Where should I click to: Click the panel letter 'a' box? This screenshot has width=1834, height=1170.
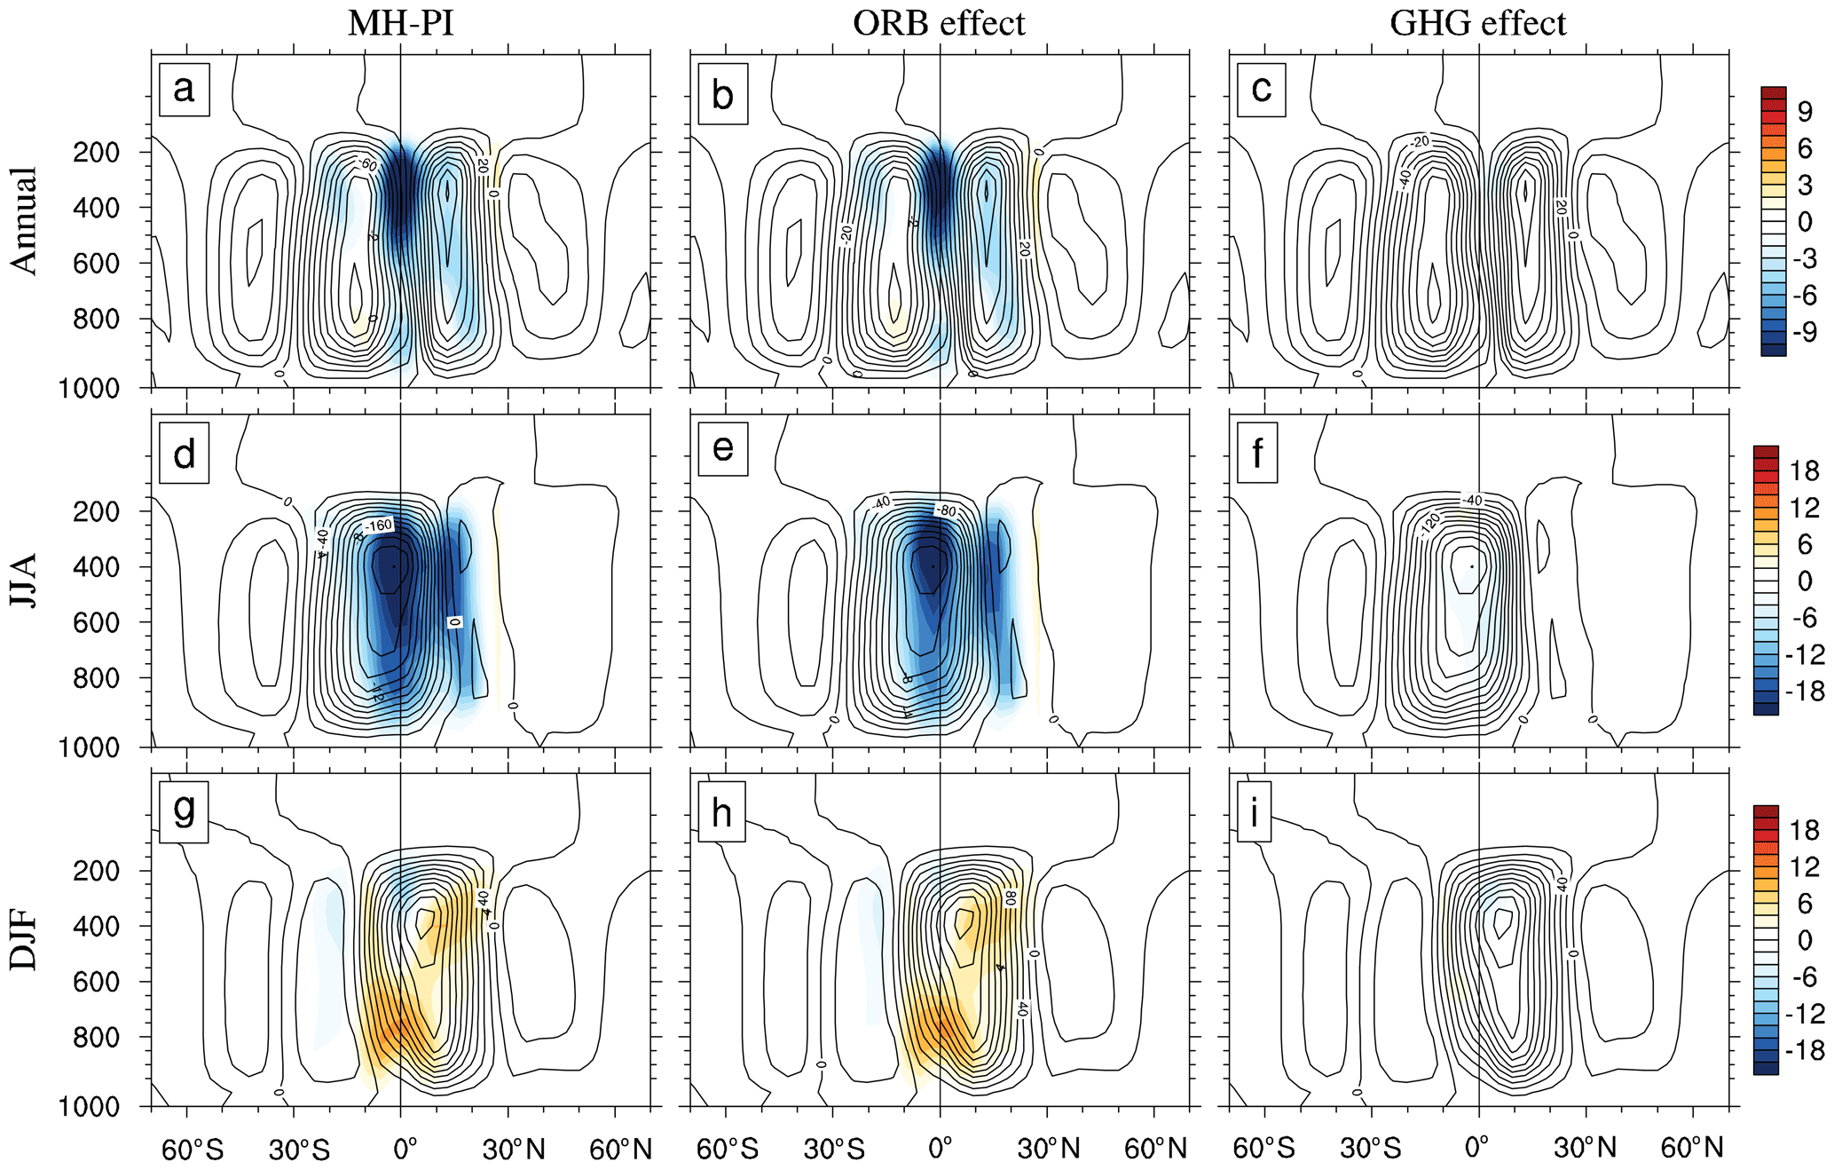[x=184, y=89]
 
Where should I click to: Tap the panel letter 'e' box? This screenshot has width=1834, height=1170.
[x=723, y=450]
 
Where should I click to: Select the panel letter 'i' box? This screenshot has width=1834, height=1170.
[x=1254, y=811]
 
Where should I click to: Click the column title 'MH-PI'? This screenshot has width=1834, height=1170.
[x=400, y=23]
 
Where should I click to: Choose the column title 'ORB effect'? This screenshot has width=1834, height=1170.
[x=939, y=23]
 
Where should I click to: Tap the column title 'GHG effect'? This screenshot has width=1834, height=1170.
[x=1478, y=23]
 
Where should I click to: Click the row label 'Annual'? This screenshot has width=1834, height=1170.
[x=25, y=220]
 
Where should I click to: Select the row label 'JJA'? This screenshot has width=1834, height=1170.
[x=25, y=580]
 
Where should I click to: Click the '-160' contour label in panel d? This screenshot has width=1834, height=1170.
[x=378, y=526]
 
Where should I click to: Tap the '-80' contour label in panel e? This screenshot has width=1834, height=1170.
[x=946, y=511]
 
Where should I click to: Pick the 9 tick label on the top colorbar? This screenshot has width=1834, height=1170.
[x=1805, y=112]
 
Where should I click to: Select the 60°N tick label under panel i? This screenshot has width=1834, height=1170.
[x=1691, y=1149]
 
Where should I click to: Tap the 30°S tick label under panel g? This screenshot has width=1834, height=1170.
[x=299, y=1150]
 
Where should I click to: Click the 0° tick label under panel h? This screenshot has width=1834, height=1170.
[x=940, y=1149]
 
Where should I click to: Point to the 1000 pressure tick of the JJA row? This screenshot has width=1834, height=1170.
[x=89, y=748]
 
